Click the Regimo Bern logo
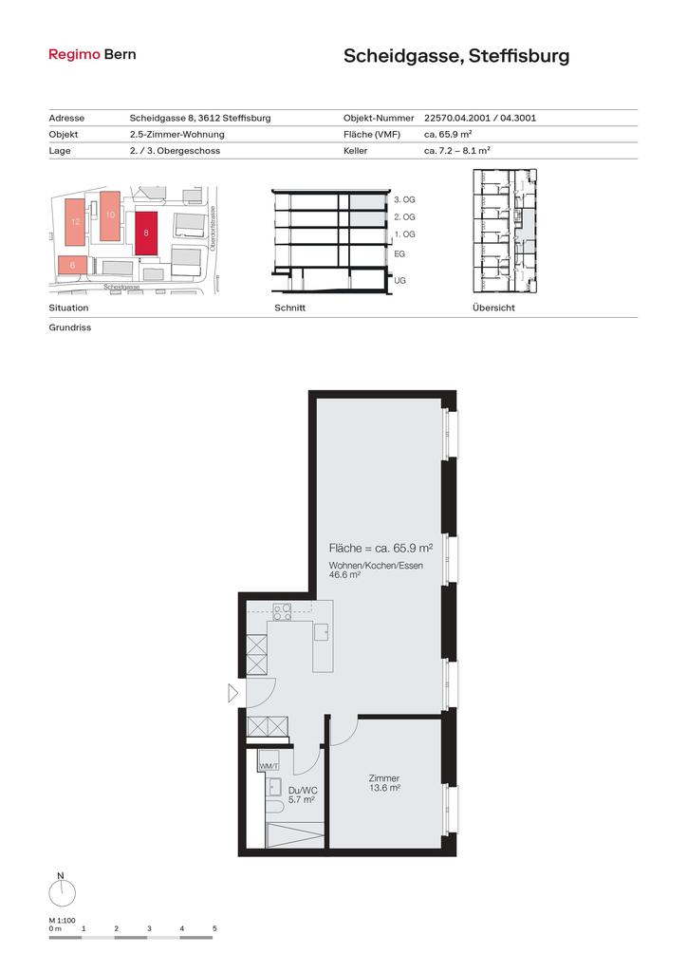tap(92, 54)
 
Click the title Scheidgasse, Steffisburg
tap(456, 56)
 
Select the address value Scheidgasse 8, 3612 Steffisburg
tap(200, 118)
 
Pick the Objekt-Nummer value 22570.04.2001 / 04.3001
tap(480, 118)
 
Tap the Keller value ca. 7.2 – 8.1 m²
tap(457, 150)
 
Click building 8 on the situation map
tap(146, 234)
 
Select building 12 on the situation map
tap(76, 221)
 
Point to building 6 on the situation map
tap(72, 265)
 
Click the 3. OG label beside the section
tap(404, 199)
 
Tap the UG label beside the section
tap(399, 280)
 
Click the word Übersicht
tap(493, 308)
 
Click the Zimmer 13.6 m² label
tap(384, 783)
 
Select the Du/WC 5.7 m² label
tap(303, 794)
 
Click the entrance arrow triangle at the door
tap(232, 692)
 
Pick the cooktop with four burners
tap(283, 612)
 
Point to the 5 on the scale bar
tap(214, 928)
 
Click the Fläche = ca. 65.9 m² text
tap(381, 548)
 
